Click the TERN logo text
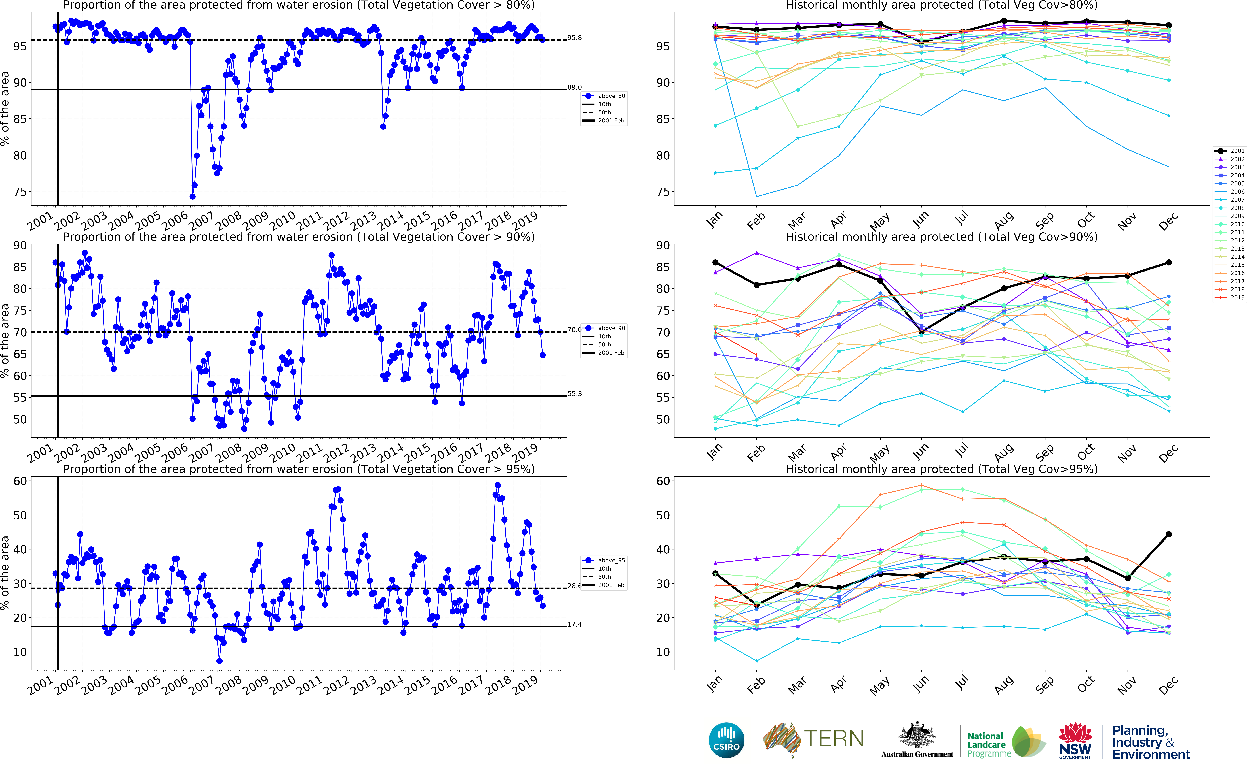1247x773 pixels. coord(834,739)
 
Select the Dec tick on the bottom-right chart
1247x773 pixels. coord(1168,685)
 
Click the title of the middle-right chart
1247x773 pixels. coord(942,237)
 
